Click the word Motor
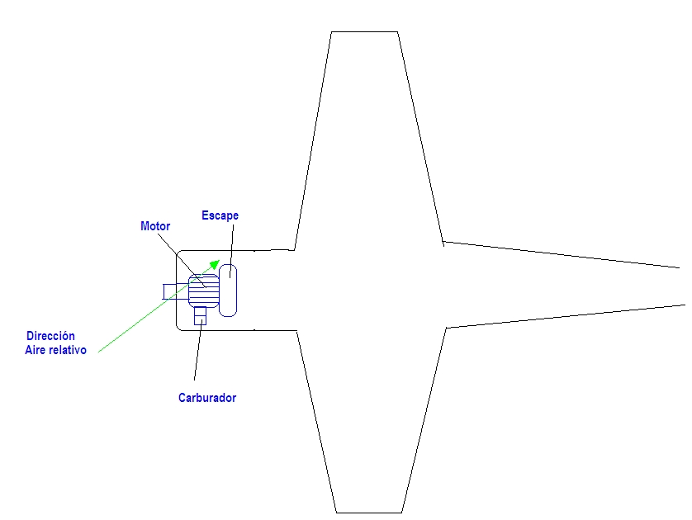(x=155, y=226)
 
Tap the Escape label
(x=220, y=215)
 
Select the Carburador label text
(x=207, y=398)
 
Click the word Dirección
(x=50, y=336)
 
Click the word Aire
(x=36, y=350)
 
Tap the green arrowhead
(x=214, y=264)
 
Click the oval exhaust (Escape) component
(x=228, y=289)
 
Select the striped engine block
(x=203, y=291)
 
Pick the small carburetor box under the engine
(x=199, y=315)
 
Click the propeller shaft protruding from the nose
(x=175, y=291)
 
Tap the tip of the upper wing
(x=364, y=33)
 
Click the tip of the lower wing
(x=369, y=511)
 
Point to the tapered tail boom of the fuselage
(x=562, y=286)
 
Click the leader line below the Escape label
(x=230, y=248)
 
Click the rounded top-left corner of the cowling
(x=180, y=253)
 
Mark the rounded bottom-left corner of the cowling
(x=180, y=327)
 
